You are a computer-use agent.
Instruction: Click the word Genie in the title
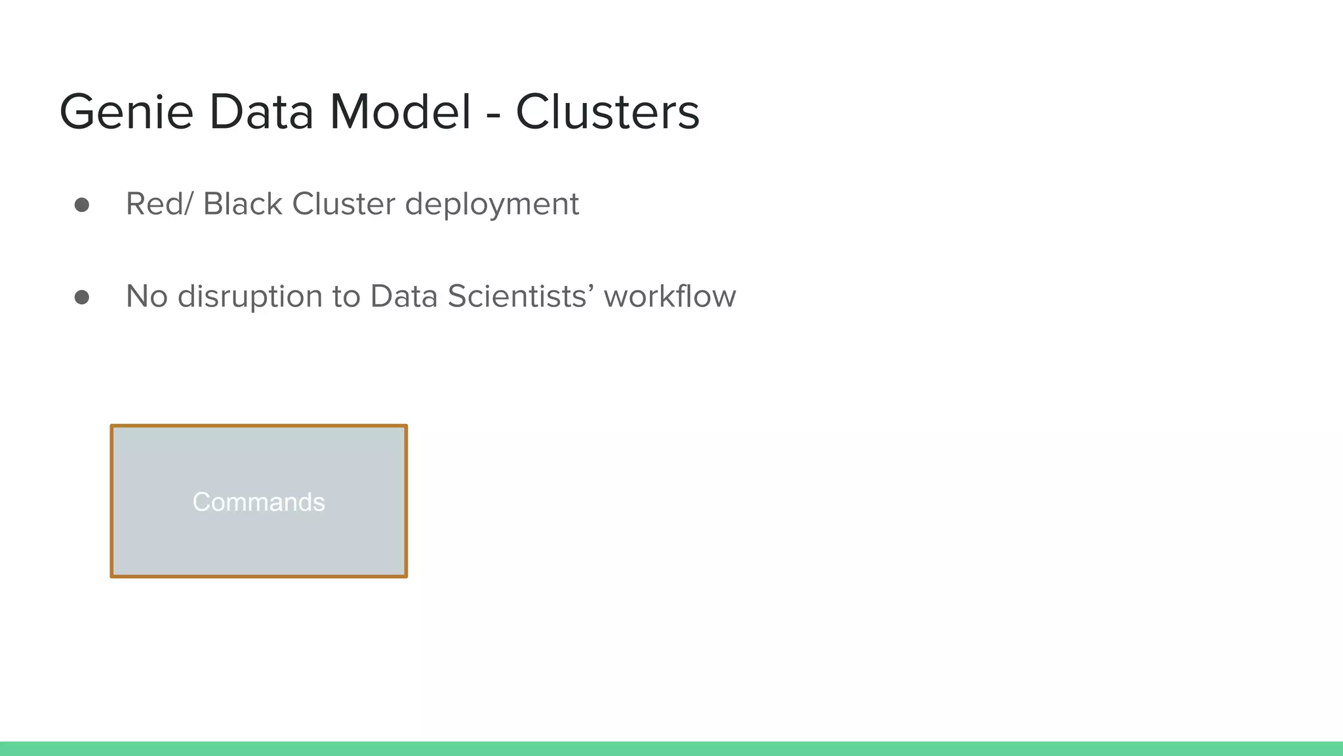[126, 112]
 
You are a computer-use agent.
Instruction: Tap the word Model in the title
[400, 112]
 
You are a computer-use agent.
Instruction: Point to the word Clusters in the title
[607, 112]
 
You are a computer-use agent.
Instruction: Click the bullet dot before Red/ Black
[82, 205]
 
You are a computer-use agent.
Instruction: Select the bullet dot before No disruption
[82, 298]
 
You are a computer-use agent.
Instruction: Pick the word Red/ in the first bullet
[159, 204]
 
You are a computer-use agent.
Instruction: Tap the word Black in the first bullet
[242, 204]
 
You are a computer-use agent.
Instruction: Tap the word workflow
[670, 297]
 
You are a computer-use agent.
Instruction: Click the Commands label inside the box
[258, 502]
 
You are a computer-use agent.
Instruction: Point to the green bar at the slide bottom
[671, 749]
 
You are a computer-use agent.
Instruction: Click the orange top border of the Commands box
[258, 427]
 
